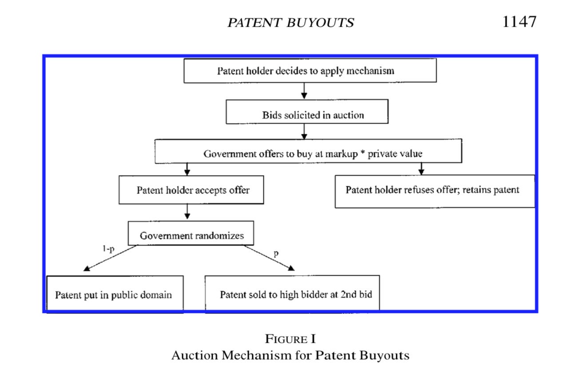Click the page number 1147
(x=519, y=21)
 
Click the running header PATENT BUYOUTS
(x=290, y=22)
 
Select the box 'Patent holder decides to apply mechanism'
(x=310, y=71)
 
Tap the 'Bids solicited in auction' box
(x=307, y=112)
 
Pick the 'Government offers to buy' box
(x=308, y=151)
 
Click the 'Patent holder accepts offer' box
(x=191, y=190)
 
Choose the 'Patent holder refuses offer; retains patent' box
(x=435, y=191)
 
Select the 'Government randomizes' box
(x=191, y=233)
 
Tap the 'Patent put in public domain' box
(x=115, y=293)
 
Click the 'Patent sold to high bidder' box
(x=292, y=293)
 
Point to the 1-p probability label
(x=108, y=249)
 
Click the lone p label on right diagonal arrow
(x=276, y=254)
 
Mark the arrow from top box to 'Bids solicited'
(x=304, y=91)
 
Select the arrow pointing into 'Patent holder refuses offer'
(x=421, y=169)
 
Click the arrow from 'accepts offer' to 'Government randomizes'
(x=187, y=212)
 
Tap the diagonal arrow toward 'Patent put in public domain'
(x=110, y=258)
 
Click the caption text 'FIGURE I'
(x=290, y=339)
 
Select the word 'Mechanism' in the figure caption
(x=256, y=355)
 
